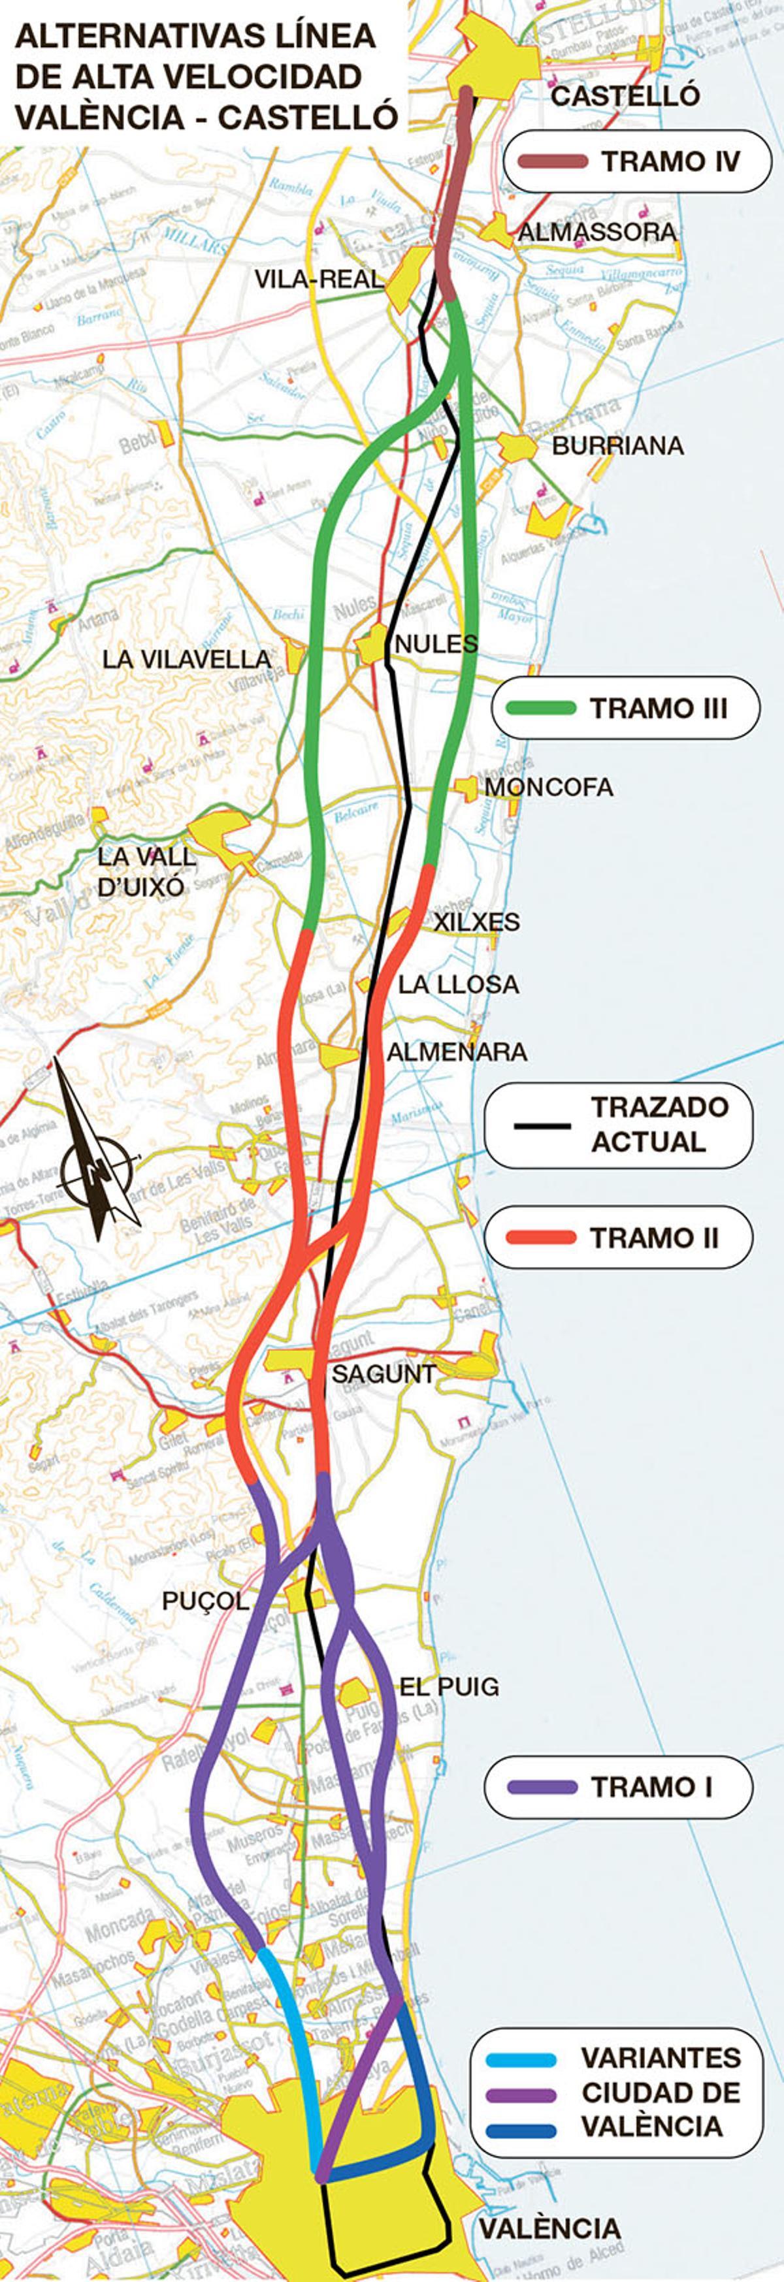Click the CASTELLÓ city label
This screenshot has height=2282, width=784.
625,95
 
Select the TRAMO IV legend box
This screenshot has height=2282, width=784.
637,161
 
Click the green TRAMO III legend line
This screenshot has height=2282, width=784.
540,708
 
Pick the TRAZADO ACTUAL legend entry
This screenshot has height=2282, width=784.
618,1124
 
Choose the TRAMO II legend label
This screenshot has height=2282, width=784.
654,1238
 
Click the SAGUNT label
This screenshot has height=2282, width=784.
384,1374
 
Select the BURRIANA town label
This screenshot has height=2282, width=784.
617,445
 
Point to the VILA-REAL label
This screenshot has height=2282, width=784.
319,279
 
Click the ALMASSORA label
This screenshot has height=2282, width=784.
596,232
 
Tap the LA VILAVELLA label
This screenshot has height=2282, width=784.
187,659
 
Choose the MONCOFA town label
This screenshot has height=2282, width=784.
548,786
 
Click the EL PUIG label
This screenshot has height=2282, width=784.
449,1687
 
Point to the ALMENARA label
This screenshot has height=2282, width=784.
456,1052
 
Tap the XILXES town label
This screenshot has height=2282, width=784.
476,922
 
